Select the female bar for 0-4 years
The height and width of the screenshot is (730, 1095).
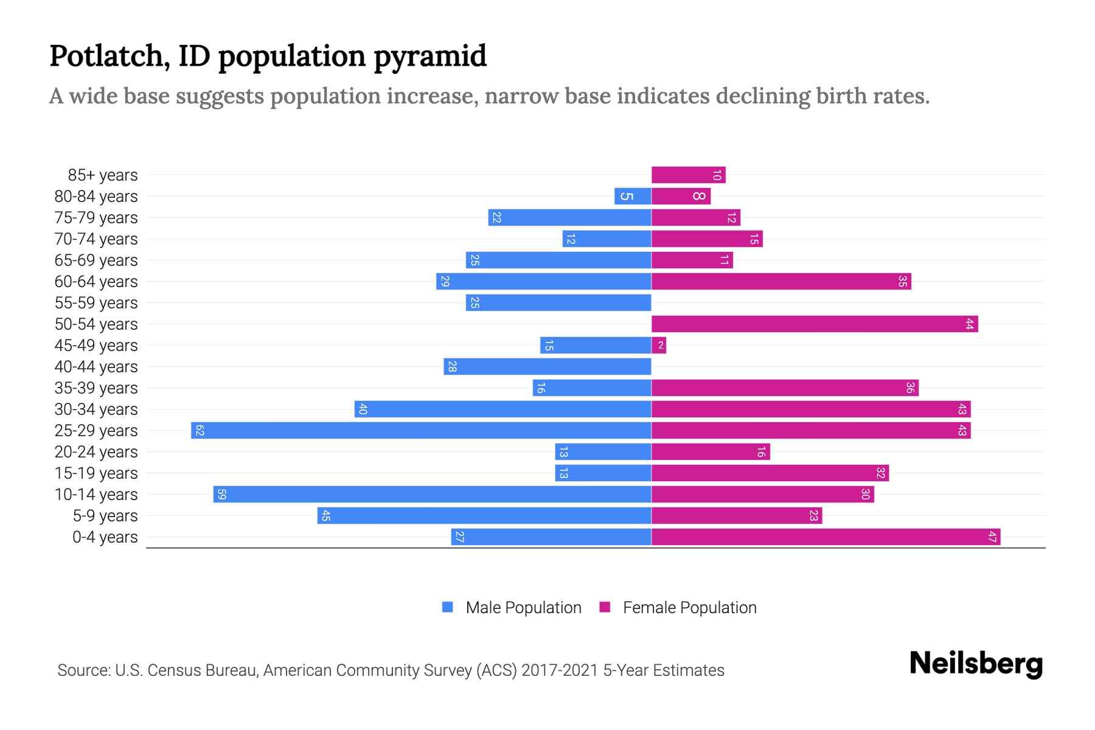826,537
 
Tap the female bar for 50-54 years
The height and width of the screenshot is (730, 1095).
814,324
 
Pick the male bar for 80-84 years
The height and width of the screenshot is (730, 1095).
633,196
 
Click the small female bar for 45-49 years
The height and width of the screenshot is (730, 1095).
659,346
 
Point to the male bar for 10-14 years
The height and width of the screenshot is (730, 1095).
432,495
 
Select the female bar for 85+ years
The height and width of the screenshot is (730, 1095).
688,175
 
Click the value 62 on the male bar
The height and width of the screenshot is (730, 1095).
200,431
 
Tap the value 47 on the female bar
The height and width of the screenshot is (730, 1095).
992,537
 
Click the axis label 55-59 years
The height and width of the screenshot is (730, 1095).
96,303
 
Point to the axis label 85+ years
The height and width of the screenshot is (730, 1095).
103,175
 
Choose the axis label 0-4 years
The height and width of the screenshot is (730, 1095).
105,537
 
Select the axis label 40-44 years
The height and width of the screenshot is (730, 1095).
96,367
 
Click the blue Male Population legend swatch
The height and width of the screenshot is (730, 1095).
448,607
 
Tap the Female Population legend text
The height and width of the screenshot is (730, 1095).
689,608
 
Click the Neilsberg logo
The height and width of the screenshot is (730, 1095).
976,664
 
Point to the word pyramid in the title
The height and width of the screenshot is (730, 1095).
429,56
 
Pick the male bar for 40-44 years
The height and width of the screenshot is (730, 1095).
547,367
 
